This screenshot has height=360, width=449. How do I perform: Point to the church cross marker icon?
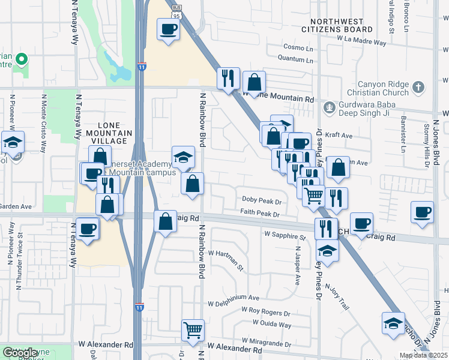[418, 88]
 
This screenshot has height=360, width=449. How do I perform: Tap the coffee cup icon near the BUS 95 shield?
[168, 29]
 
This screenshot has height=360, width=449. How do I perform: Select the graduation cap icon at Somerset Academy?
[184, 157]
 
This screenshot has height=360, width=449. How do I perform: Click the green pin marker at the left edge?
[21, 59]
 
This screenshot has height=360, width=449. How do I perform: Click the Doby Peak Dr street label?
[261, 199]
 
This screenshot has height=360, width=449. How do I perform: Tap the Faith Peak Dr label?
[260, 214]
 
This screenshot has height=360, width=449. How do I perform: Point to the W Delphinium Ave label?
[234, 297]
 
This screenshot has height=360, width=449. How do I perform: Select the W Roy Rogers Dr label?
[266, 312]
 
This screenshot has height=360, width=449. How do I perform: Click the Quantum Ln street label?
[295, 59]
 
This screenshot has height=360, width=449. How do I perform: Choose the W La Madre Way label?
[361, 42]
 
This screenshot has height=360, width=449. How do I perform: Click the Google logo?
[20, 353]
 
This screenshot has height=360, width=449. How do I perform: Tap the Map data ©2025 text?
[424, 355]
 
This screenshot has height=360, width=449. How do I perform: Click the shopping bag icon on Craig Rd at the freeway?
[165, 221]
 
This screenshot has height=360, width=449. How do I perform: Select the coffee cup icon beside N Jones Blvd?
[423, 212]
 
